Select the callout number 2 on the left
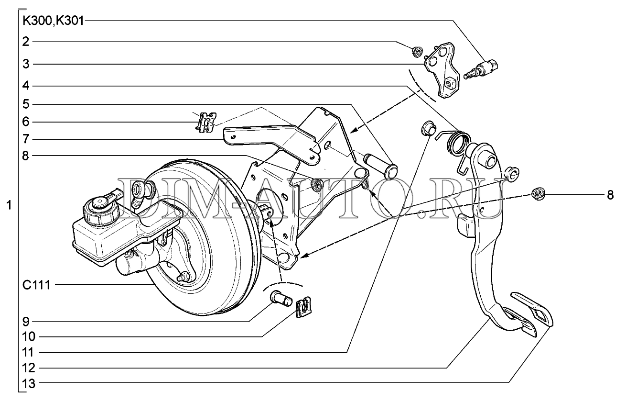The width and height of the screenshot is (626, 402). pyautogui.click(x=26, y=42)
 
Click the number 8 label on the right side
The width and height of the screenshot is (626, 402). pyautogui.click(x=609, y=195)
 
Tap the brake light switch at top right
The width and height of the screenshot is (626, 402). pyautogui.click(x=482, y=69)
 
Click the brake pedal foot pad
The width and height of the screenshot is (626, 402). pyautogui.click(x=531, y=313)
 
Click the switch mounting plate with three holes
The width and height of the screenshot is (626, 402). pyautogui.click(x=442, y=70)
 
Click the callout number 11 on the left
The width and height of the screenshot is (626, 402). pyautogui.click(x=29, y=353)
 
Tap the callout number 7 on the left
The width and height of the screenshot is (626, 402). pyautogui.click(x=26, y=139)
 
